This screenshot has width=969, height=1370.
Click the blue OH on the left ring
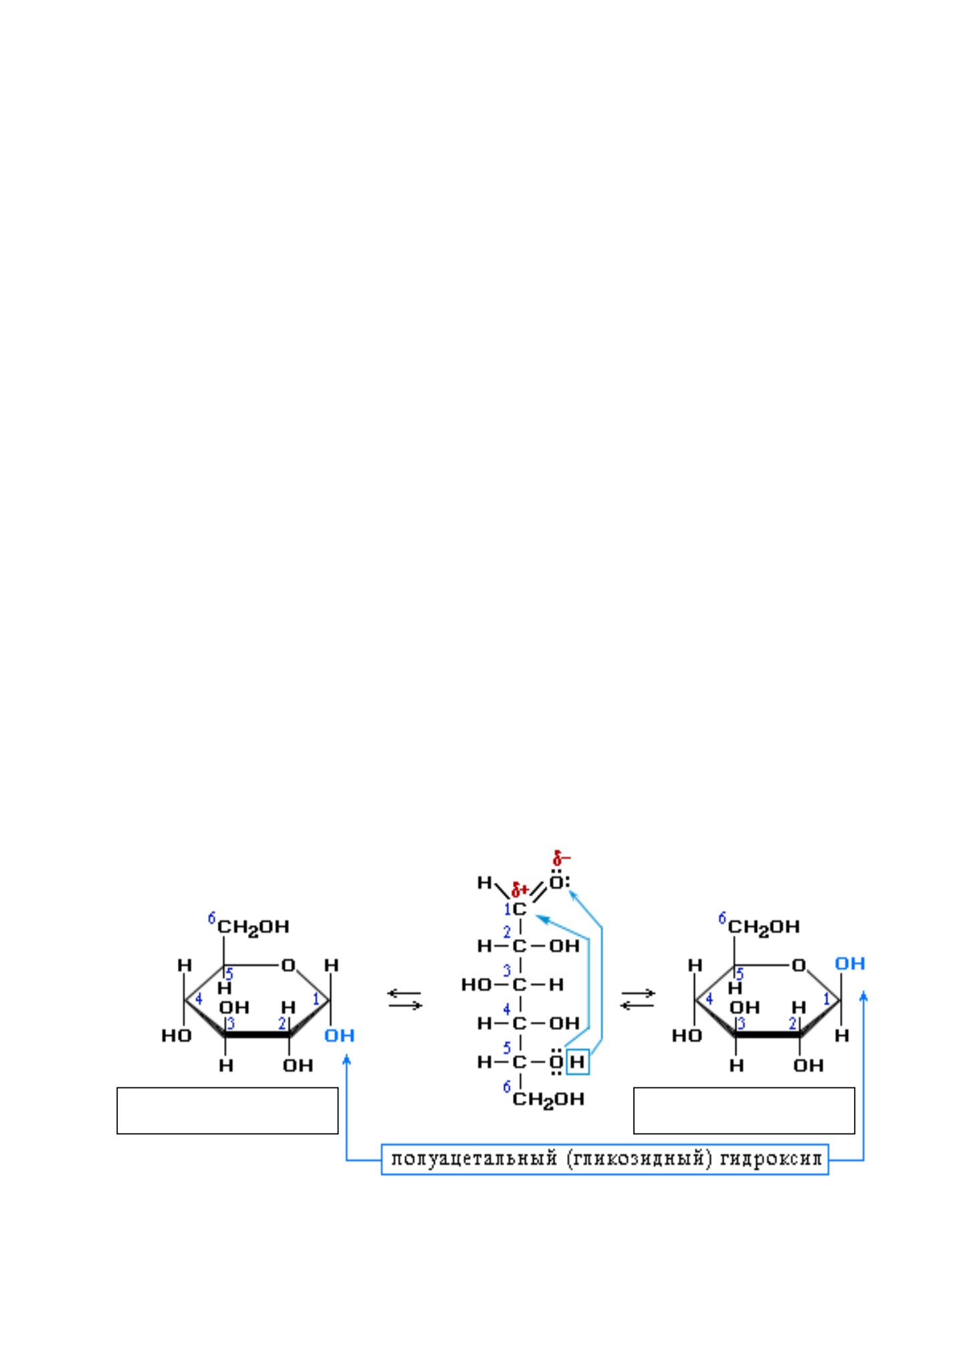click(x=339, y=1035)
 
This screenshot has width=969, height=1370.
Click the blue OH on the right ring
click(x=850, y=963)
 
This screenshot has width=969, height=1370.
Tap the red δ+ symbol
click(x=520, y=890)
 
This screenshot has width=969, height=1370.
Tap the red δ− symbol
click(x=561, y=857)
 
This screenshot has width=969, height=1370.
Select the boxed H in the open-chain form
click(x=577, y=1062)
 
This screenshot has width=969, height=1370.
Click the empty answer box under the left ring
click(x=227, y=1111)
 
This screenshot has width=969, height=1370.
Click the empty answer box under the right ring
click(x=744, y=1111)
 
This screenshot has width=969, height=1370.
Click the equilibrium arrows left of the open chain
click(x=405, y=999)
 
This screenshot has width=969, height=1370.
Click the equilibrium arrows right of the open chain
click(x=638, y=999)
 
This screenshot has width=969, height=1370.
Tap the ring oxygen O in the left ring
click(x=288, y=965)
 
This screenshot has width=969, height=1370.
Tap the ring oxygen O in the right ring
click(x=798, y=965)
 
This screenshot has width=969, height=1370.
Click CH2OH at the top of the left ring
click(x=253, y=927)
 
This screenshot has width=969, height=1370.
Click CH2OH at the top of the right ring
click(x=764, y=927)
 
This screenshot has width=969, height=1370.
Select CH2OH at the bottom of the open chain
click(x=548, y=1099)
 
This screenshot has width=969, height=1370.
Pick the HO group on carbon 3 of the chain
click(x=476, y=984)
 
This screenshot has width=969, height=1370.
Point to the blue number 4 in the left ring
click(x=199, y=1000)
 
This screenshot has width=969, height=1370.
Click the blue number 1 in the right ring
click(x=827, y=1000)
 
